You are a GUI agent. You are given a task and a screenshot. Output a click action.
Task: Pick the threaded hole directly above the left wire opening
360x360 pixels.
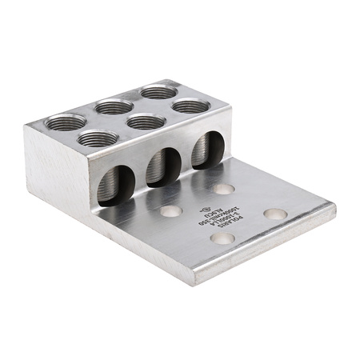tap(98, 138)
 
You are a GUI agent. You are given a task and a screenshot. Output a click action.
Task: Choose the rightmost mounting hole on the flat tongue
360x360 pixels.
tap(274, 214)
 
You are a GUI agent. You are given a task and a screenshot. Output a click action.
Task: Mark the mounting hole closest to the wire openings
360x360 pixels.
tap(223, 189)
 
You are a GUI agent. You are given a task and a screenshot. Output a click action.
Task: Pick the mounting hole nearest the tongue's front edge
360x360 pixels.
tap(222, 238)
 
